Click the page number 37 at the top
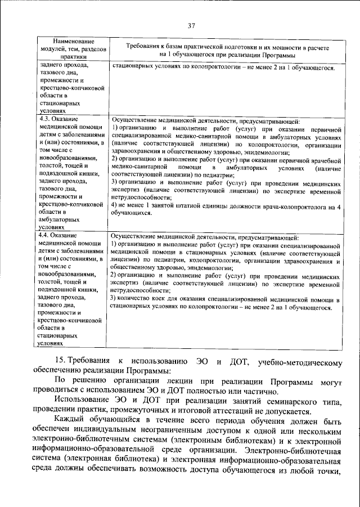[191, 25]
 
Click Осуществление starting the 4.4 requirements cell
[135, 237]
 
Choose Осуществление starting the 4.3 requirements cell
[135, 121]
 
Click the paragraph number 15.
[60, 360]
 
